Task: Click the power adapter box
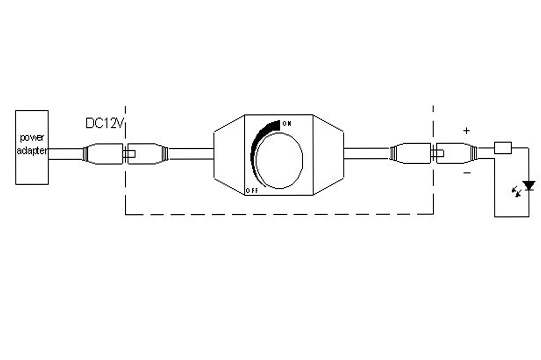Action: pyautogui.click(x=32, y=147)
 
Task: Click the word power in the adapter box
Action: pyautogui.click(x=32, y=138)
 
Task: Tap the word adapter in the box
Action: pyautogui.click(x=32, y=151)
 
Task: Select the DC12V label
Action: pyautogui.click(x=105, y=123)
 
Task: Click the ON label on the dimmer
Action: pyautogui.click(x=287, y=124)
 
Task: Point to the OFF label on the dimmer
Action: pyautogui.click(x=252, y=191)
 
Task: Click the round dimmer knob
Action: pyautogui.click(x=279, y=161)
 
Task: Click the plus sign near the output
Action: pyautogui.click(x=466, y=131)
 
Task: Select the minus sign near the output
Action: pyautogui.click(x=467, y=173)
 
